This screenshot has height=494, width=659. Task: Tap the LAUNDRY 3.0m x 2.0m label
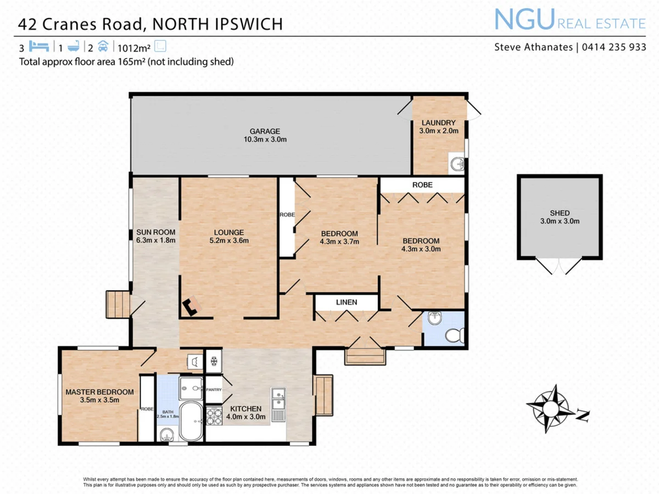coord(438,127)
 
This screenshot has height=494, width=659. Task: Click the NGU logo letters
coord(524,20)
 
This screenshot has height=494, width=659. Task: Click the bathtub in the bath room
coord(191,422)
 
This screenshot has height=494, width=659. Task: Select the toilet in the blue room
coord(456,334)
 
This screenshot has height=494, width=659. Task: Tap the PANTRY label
coord(214,390)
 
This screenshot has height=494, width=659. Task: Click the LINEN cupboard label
coord(347,302)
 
